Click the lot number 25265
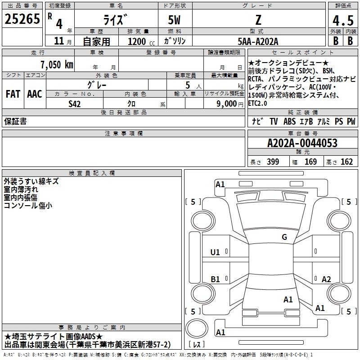(x=22, y=19)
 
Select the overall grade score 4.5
(x=343, y=20)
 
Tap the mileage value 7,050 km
(x=57, y=64)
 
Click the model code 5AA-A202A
(x=258, y=41)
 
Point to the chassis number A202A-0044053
(x=302, y=143)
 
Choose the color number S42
(x=74, y=104)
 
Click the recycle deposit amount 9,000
(x=227, y=103)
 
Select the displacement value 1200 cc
(x=141, y=41)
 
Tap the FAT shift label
(x=13, y=94)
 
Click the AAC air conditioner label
(x=35, y=94)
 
